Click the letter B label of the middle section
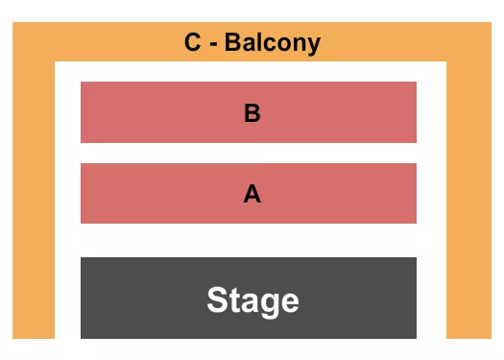coord(252,113)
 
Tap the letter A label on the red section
coord(252,194)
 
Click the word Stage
coord(252,300)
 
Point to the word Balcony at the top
coord(274,43)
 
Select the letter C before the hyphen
coord(193,43)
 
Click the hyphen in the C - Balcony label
coord(213,44)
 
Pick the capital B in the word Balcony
coord(234,43)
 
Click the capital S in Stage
coord(217,300)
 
